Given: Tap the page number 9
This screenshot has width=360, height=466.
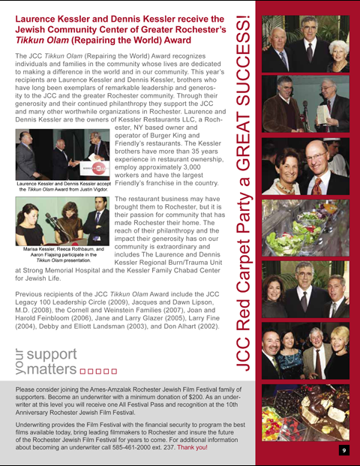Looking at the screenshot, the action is click(x=343, y=449).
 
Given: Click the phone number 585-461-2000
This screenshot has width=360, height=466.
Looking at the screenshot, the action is click(x=146, y=449).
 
